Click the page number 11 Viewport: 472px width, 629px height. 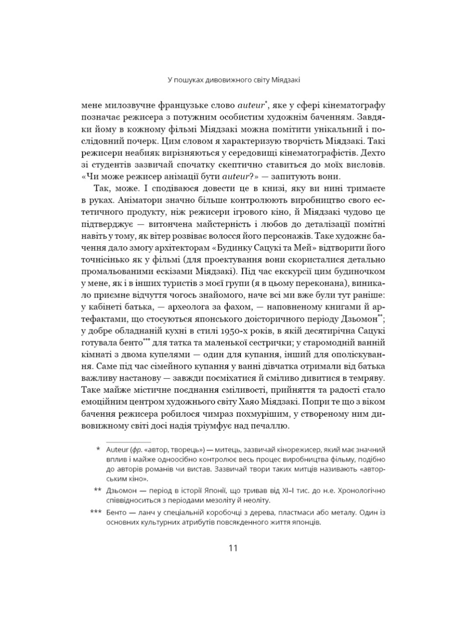coord(233,548)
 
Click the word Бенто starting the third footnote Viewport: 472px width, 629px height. coord(115,513)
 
